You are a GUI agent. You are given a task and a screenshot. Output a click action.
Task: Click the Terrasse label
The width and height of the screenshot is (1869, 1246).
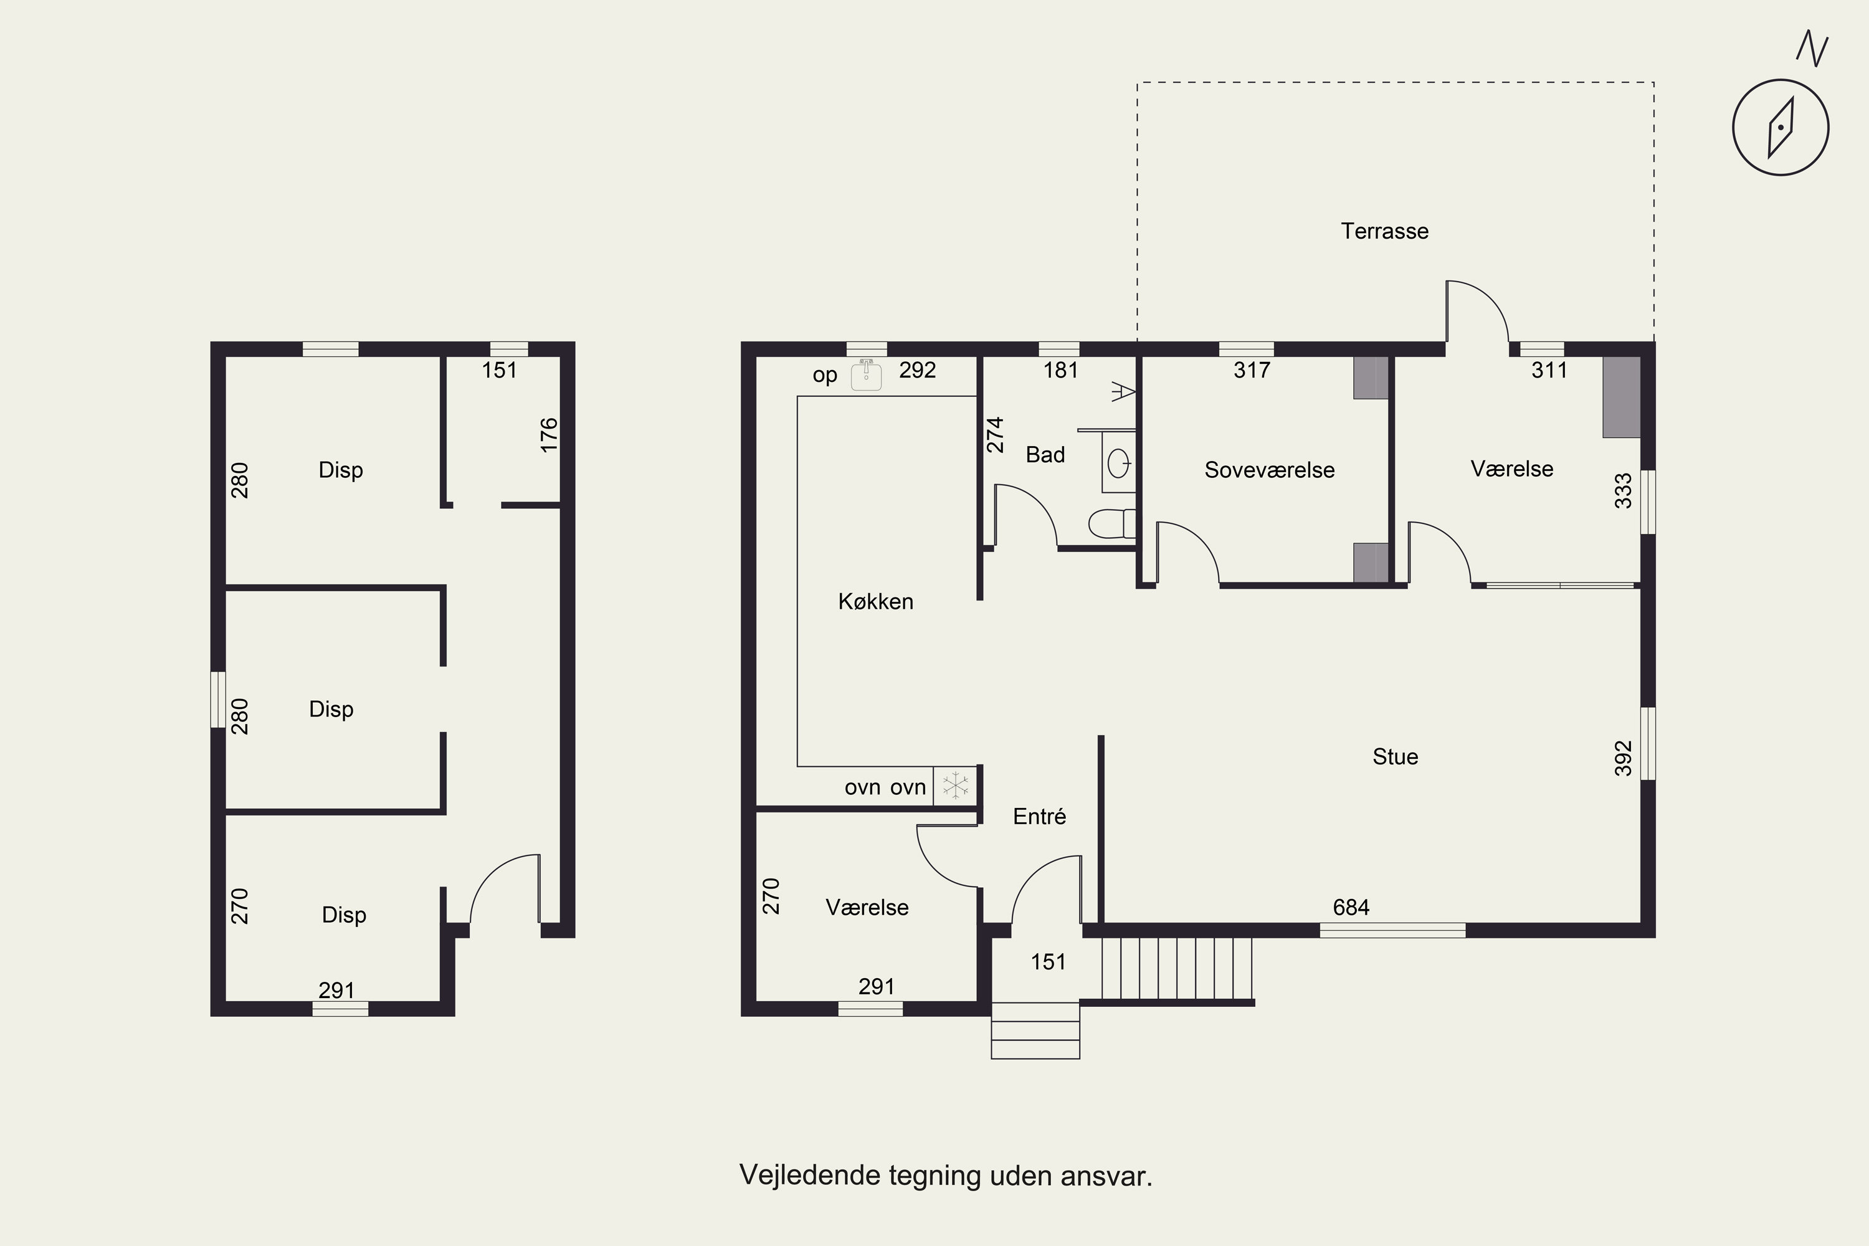click(1384, 231)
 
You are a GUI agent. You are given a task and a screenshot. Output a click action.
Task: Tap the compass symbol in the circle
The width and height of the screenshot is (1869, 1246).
click(1781, 127)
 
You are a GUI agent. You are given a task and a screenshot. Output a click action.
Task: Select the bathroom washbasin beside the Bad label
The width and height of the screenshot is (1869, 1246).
click(1119, 462)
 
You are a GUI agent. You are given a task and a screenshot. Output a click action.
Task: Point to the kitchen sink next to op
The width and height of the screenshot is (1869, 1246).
click(866, 375)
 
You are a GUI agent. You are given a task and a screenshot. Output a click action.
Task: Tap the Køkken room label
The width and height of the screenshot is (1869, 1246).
click(876, 602)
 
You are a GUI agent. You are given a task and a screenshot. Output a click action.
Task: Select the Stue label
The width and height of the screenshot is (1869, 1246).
click(1396, 756)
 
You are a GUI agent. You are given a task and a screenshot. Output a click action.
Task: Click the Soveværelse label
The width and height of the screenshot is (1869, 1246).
click(1269, 470)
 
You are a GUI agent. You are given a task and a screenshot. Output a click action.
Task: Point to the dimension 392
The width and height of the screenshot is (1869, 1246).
click(1624, 758)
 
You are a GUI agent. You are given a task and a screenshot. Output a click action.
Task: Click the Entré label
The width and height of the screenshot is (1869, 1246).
click(1039, 816)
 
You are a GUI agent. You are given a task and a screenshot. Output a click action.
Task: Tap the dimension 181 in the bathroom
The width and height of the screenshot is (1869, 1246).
click(1061, 369)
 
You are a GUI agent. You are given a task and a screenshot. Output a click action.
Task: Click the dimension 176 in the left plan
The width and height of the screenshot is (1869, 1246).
click(549, 435)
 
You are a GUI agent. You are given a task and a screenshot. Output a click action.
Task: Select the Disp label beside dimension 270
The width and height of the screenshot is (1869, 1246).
click(344, 915)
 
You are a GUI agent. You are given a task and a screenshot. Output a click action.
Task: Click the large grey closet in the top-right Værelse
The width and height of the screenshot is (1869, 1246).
click(1621, 396)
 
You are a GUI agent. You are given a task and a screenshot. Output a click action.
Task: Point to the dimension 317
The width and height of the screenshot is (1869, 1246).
click(1252, 369)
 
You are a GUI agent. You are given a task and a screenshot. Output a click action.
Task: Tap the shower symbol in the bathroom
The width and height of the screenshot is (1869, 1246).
click(1123, 391)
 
